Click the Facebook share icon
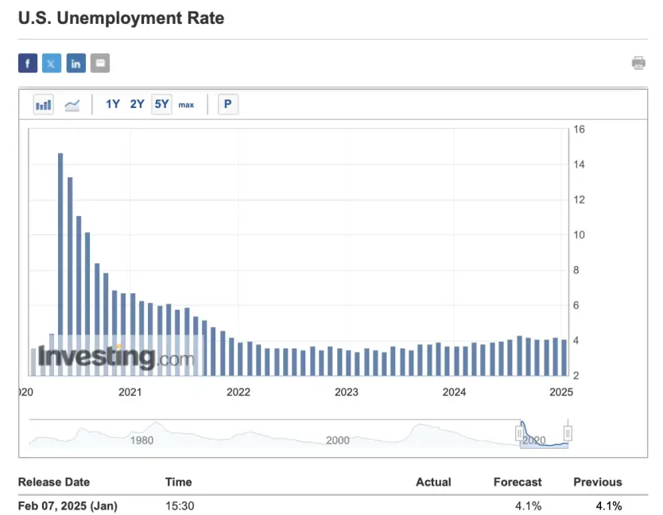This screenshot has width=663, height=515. [x=28, y=64]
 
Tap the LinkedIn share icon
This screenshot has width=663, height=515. [x=76, y=64]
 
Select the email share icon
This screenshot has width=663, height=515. [x=99, y=64]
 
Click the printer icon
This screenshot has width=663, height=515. [x=638, y=64]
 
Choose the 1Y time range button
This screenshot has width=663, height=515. [x=113, y=104]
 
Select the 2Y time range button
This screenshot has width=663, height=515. [x=138, y=104]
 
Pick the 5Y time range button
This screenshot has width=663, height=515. [x=161, y=104]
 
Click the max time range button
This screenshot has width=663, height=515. [x=186, y=105]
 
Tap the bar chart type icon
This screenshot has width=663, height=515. [x=44, y=104]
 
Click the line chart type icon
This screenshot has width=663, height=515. [x=72, y=104]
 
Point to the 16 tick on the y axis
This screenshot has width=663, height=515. [x=579, y=130]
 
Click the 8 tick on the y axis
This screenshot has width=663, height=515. [x=579, y=270]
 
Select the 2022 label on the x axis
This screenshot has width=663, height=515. [x=238, y=392]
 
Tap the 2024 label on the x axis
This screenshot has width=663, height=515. [x=454, y=392]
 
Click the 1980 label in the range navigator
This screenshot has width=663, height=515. [x=142, y=440]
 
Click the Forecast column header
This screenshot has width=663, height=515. [x=518, y=482]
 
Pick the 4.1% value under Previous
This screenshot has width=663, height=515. [x=608, y=505]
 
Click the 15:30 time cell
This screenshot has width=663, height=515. [x=180, y=505]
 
